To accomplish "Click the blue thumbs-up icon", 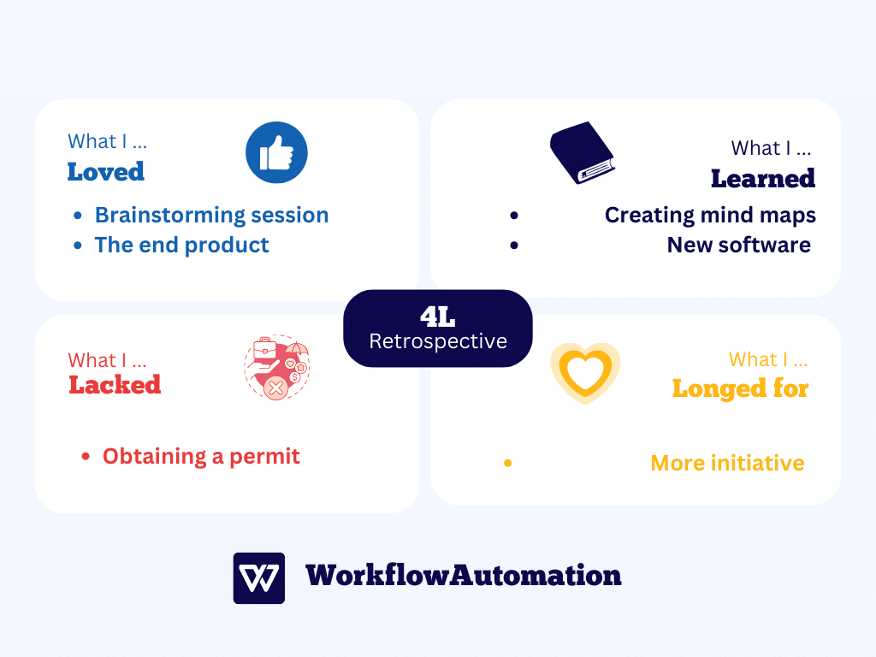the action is pos(276,152).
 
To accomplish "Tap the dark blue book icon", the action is pos(582,152).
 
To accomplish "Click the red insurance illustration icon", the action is pos(276,367).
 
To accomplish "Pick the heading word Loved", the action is pos(105,171).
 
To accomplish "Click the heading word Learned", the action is pos(762,179).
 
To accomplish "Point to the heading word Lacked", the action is pos(115,385).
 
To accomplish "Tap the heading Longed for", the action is pos(740,389).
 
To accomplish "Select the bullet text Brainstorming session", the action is pos(212,215).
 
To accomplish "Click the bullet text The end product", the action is pos(181,246).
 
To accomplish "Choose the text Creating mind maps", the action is pos(710,215).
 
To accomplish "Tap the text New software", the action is pos(738,246).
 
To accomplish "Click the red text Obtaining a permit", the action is pos(201,457).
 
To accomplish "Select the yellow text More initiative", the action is pos(727,463).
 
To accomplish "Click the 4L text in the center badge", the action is pos(437,317).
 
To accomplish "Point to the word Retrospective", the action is pos(438,341).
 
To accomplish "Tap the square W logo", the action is pos(258,578).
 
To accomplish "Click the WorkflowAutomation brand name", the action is pos(463,576).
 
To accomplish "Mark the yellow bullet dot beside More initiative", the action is pos(508,463).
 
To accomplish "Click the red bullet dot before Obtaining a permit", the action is pos(86,457).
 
